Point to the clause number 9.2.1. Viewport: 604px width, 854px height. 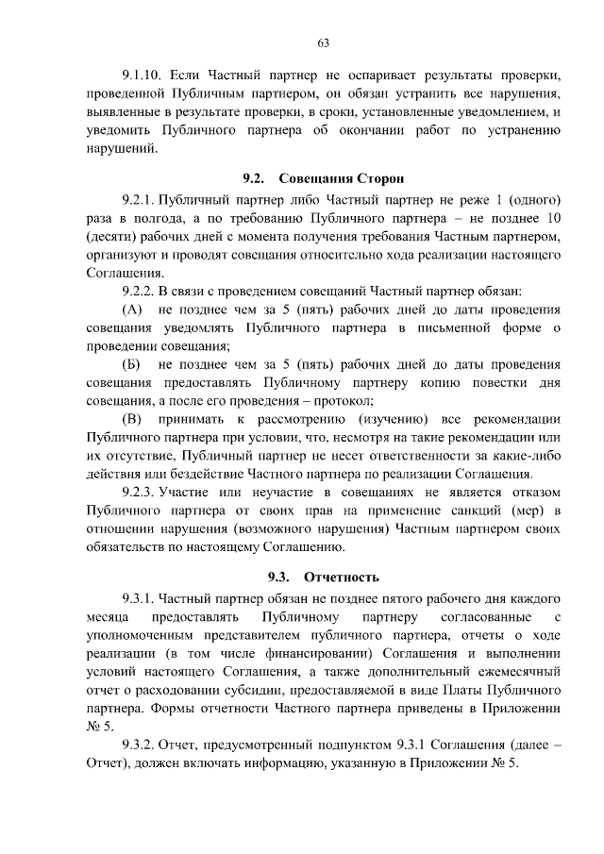pos(138,201)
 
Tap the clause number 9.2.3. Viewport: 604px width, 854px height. pos(138,493)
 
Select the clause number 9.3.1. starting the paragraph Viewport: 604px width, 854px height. pos(138,598)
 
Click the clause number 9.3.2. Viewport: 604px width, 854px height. pos(138,745)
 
